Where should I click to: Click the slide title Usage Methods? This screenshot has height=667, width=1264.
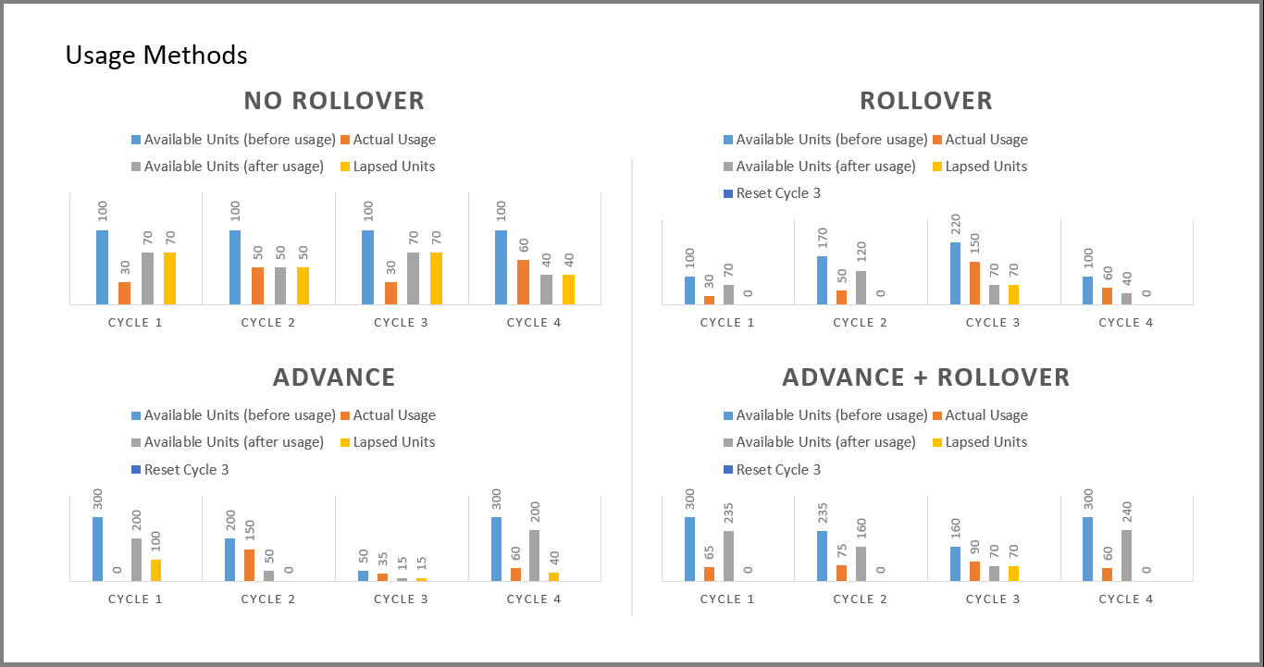[x=156, y=56]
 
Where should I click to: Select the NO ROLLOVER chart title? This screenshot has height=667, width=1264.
[x=334, y=100]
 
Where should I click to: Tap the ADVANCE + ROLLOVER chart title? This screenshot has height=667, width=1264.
[x=925, y=377]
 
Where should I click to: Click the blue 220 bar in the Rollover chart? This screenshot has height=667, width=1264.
[x=955, y=273]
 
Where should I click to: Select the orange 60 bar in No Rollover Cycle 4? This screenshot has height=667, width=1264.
[x=523, y=281]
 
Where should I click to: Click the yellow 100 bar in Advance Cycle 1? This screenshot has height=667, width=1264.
[x=156, y=570]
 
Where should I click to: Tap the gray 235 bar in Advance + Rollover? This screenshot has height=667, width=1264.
[x=729, y=555]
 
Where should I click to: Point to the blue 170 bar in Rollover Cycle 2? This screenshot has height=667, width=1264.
[x=822, y=279]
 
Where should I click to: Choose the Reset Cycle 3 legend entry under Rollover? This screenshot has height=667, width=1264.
[x=777, y=193]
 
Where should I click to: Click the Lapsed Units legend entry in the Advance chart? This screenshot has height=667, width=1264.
[x=393, y=442]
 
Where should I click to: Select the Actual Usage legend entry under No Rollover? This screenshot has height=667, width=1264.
[x=393, y=140]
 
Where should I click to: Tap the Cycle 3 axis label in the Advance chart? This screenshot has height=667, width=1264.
[x=401, y=599]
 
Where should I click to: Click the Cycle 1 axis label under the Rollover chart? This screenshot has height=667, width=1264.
[x=727, y=323]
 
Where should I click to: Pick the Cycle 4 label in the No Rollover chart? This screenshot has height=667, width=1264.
[x=534, y=323]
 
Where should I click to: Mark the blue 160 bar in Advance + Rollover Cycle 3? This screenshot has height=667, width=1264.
[x=955, y=563]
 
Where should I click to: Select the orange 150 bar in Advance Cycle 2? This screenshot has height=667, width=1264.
[x=250, y=564]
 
